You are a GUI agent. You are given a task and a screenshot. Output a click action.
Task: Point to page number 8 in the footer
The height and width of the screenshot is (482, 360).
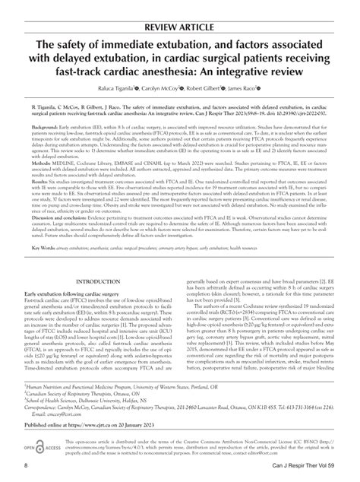(x=27, y=464)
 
